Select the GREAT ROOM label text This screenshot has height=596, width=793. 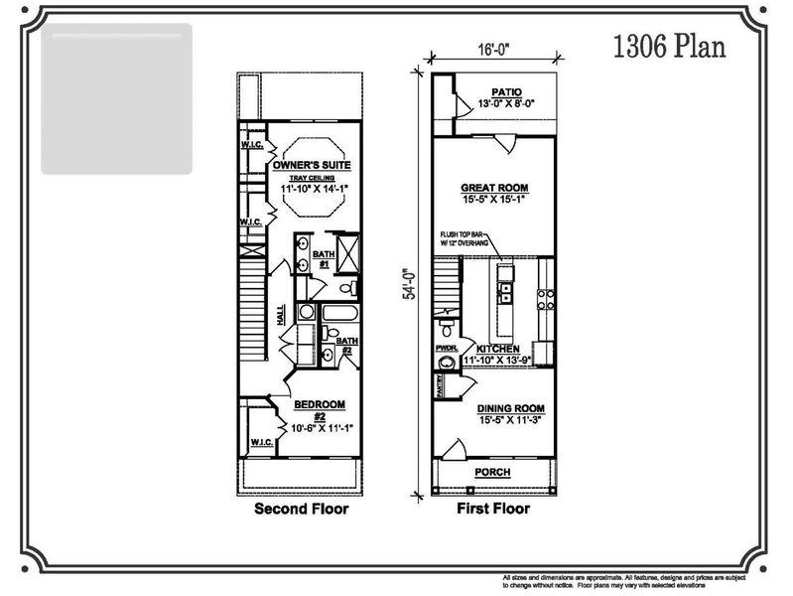click(x=493, y=187)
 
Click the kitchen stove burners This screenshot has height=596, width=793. click(x=544, y=294)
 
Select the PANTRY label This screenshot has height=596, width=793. click(x=438, y=384)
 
